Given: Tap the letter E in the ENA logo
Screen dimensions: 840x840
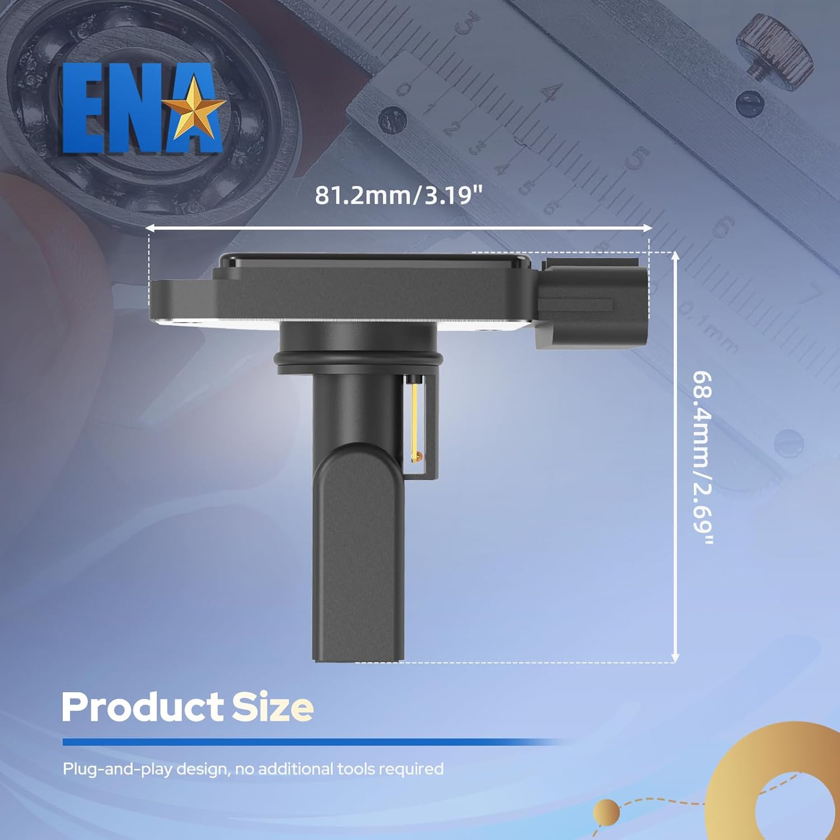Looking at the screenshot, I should pos(84,109).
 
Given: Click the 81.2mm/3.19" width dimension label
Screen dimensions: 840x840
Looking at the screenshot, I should pos(398,195).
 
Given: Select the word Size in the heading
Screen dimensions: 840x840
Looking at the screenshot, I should pos(273,707).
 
